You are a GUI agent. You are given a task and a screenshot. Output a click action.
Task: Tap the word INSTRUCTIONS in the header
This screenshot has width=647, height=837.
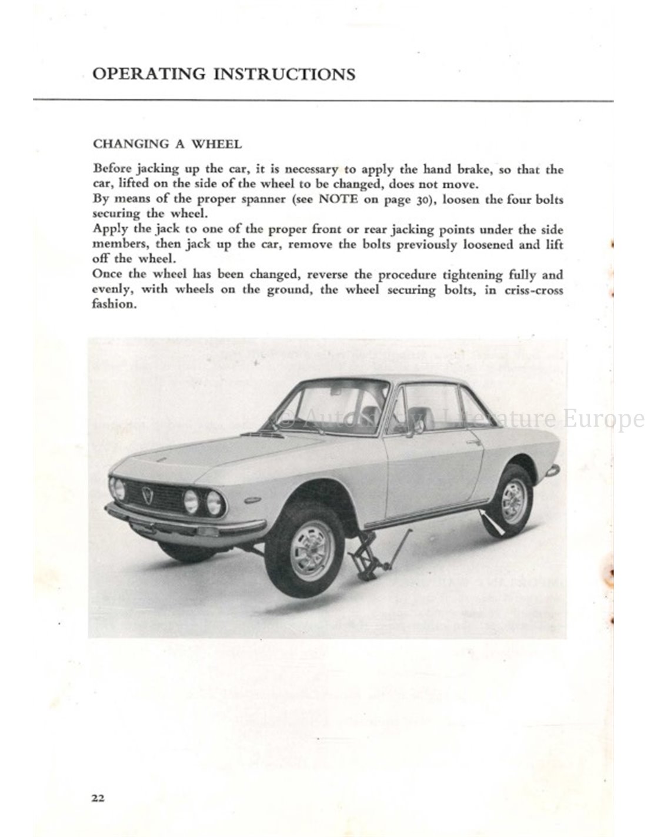tap(284, 74)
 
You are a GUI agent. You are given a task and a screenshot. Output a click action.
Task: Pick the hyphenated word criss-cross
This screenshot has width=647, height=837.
tap(533, 290)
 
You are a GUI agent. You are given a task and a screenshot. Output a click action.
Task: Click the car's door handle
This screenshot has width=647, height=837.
tap(471, 441)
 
